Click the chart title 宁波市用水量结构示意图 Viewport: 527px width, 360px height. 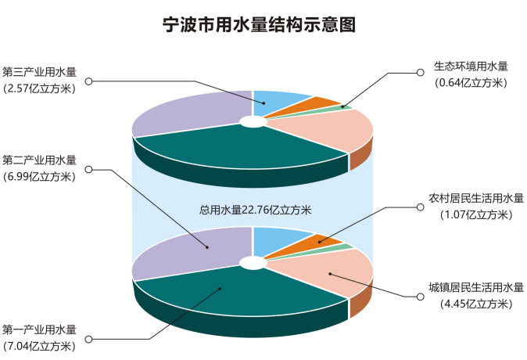point(259,25)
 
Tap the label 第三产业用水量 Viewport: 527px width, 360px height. point(40,72)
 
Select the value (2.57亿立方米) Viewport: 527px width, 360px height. point(40,88)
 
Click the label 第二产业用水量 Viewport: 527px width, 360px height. point(40,160)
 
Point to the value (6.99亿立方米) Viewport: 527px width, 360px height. point(40,176)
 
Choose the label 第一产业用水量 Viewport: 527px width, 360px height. point(40,329)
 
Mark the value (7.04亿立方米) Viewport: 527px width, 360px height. point(40,344)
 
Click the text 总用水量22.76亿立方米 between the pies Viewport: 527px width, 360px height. point(256,209)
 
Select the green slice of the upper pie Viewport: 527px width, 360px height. point(345,107)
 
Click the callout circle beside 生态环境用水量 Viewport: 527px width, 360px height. point(419,72)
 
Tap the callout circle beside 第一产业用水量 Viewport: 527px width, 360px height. point(88,338)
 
